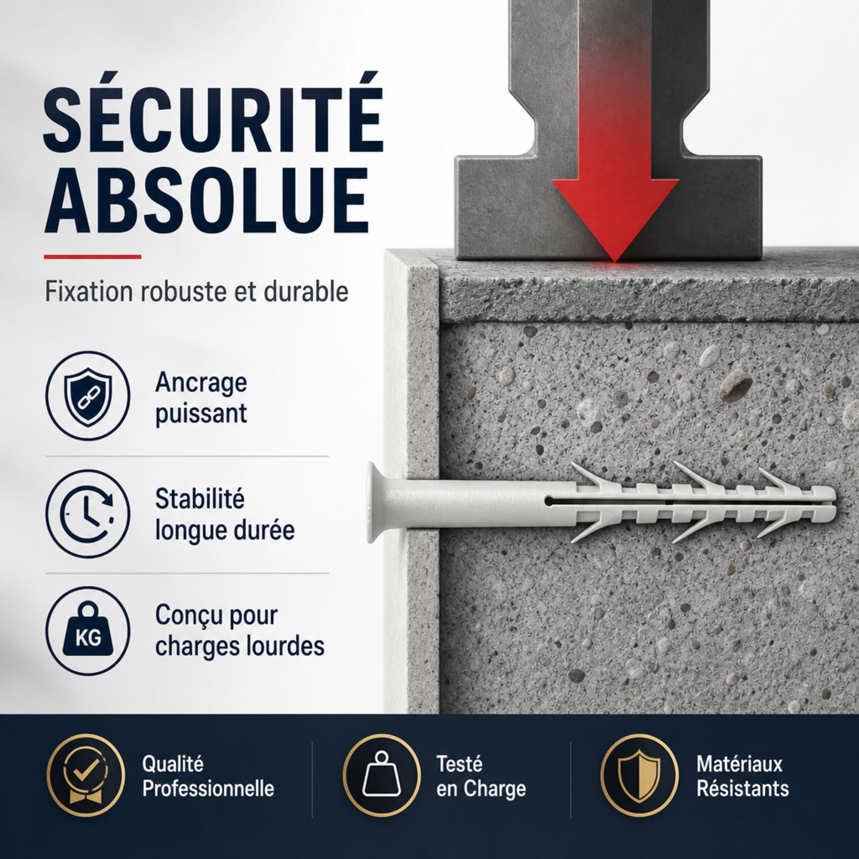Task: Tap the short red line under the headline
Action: click(x=92, y=256)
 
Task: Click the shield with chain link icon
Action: click(x=88, y=396)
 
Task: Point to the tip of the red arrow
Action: click(x=615, y=262)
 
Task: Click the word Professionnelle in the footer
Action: click(x=208, y=789)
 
